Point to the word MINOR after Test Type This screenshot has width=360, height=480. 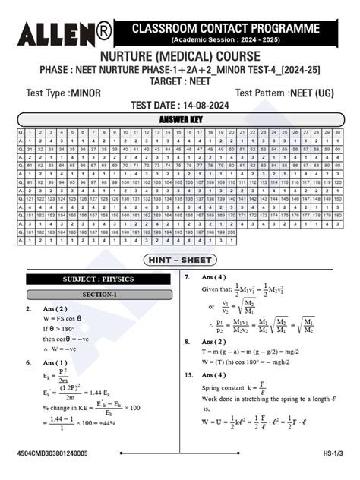tap(86, 93)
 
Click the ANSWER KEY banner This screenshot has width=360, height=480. tap(179, 119)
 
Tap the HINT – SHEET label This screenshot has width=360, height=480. tap(180, 261)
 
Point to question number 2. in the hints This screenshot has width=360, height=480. tap(28, 309)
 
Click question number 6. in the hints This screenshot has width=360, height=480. tap(28, 362)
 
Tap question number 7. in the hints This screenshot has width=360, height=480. tap(188, 277)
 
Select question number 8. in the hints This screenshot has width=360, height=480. tap(188, 342)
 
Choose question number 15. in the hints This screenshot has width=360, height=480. tap(188, 374)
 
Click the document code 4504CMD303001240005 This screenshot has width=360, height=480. tap(52, 453)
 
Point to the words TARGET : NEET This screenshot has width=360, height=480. tap(179, 80)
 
